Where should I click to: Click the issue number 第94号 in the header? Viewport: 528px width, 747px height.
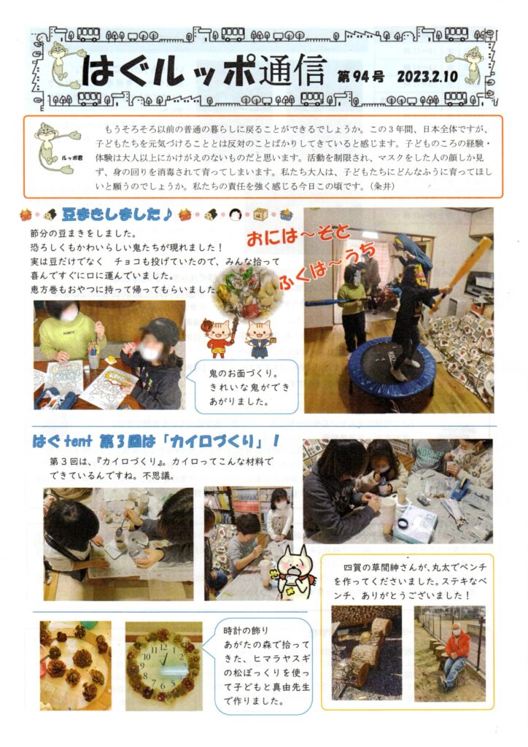pos(360,76)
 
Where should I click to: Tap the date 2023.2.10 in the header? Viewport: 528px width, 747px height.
pos(427,76)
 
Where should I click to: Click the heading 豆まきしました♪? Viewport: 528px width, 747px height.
pos(117,214)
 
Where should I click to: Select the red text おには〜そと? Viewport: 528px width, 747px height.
pos(298,236)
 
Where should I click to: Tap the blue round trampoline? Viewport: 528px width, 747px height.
pos(392,369)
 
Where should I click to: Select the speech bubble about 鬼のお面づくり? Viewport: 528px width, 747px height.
pos(246,387)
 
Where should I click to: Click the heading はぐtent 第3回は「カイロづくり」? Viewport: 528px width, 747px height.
pos(155,441)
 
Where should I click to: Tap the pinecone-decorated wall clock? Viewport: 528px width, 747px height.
pos(163,665)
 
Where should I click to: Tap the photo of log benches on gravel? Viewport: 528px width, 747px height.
pos(366,653)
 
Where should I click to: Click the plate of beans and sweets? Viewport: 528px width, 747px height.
pos(249,292)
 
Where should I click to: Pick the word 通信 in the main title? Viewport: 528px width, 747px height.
pos(292,71)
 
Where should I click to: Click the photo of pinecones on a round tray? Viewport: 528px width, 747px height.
pos(75,665)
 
